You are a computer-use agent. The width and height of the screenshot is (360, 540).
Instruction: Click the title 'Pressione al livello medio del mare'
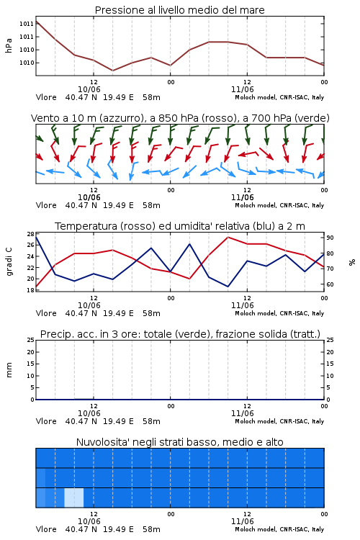click(179, 10)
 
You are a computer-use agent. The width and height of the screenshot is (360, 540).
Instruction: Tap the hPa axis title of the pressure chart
click(9, 45)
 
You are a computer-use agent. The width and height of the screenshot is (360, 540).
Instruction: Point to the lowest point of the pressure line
click(112, 71)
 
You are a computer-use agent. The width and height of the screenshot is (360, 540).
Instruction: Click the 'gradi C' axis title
click(9, 262)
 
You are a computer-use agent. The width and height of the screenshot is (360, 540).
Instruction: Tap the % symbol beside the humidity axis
click(352, 262)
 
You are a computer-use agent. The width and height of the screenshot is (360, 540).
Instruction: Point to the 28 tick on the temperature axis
click(31, 234)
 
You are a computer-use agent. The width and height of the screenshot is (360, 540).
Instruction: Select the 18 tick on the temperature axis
click(31, 290)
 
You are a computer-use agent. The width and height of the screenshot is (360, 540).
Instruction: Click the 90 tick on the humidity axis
click(330, 238)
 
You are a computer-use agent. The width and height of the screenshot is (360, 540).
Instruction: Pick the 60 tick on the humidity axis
click(330, 284)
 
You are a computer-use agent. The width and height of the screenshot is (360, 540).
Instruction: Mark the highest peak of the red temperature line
click(228, 237)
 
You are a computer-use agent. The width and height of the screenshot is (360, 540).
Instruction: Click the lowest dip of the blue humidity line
click(228, 287)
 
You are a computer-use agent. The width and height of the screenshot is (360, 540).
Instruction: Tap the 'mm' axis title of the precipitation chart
click(9, 370)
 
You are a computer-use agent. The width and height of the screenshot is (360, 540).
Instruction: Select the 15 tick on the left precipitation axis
click(31, 364)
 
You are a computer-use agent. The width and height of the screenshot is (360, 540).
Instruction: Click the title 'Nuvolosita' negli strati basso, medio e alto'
click(179, 442)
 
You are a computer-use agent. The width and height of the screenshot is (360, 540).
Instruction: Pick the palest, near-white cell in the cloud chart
click(74, 498)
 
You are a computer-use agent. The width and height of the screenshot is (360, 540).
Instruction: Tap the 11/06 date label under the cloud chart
click(242, 521)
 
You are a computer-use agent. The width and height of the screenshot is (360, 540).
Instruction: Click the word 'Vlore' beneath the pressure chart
click(46, 97)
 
